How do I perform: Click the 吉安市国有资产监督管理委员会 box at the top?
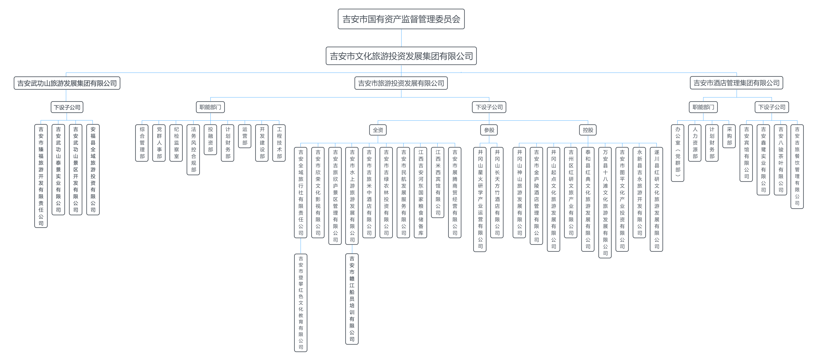tap(401, 19)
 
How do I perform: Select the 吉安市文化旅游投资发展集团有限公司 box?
tap(401, 56)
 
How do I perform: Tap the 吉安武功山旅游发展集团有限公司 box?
tap(67, 83)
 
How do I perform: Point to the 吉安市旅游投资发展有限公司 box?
tap(401, 83)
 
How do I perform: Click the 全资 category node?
tap(378, 130)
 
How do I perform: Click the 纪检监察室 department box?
tap(176, 143)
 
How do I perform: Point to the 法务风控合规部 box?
tap(194, 149)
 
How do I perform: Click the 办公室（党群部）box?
tap(678, 153)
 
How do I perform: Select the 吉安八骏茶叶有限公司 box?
tap(780, 159)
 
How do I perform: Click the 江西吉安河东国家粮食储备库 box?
tap(421, 192)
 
